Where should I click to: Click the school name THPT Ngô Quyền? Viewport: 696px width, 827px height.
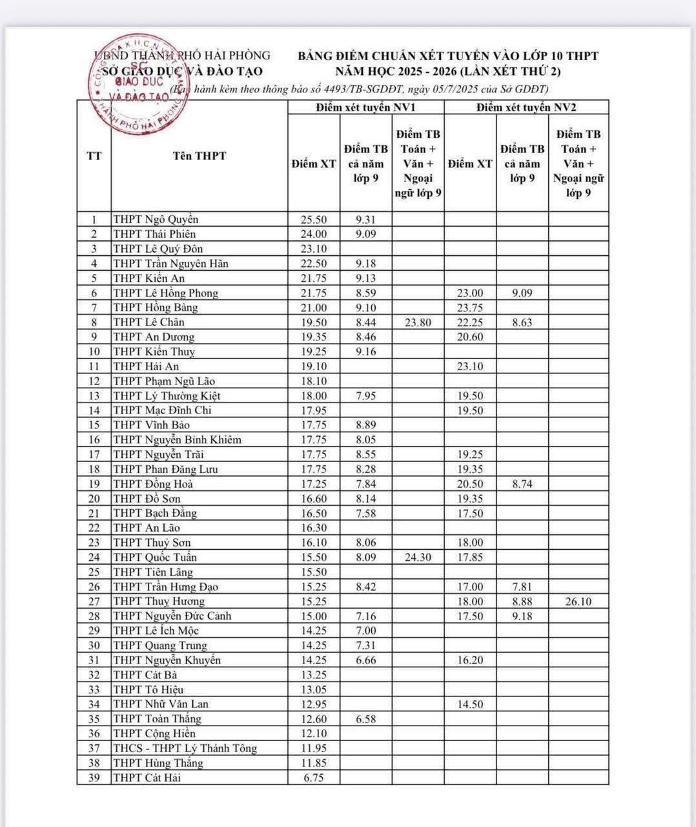156,219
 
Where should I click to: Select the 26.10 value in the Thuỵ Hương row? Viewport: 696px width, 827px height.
578,602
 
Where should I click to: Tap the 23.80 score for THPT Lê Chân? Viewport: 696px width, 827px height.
418,322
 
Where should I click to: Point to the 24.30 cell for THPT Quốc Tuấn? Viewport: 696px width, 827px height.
418,558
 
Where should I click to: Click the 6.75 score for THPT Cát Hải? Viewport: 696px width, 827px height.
314,778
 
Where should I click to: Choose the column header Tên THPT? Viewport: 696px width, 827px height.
200,156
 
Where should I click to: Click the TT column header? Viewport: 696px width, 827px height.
94,156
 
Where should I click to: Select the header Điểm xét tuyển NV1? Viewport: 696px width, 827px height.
365,107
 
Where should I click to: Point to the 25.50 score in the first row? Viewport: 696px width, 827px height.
314,220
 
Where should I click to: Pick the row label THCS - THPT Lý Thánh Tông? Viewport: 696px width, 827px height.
185,748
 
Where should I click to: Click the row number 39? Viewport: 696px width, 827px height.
94,778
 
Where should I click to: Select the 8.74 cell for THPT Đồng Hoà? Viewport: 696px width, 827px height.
522,484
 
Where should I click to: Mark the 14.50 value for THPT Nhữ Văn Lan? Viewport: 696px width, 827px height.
470,704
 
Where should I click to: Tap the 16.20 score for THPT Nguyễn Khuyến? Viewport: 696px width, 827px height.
470,660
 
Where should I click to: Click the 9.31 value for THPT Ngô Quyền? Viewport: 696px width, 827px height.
365,220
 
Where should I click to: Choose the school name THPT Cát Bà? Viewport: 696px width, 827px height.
145,675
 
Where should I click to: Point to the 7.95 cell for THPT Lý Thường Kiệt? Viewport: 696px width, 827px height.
365,396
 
